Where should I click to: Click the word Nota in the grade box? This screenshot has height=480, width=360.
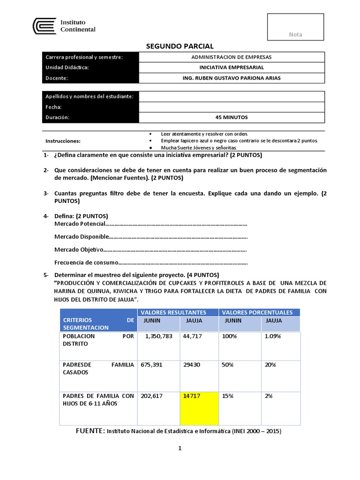[295, 34]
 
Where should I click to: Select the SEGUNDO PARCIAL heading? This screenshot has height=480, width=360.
[180, 46]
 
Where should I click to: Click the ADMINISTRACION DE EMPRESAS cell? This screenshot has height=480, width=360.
[232, 57]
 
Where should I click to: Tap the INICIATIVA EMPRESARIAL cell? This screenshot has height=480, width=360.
[232, 67]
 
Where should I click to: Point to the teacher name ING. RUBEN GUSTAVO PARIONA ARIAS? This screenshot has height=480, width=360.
[232, 78]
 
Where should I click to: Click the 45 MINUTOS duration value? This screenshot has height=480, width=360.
[232, 117]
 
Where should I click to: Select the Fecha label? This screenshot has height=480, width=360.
[53, 107]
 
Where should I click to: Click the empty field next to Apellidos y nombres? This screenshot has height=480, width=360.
[232, 96]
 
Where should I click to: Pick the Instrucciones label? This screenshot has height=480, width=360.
[63, 141]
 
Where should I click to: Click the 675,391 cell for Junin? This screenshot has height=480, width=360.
[152, 365]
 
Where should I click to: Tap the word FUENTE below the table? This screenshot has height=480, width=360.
[90, 430]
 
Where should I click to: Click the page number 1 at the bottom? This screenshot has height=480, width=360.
[180, 448]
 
